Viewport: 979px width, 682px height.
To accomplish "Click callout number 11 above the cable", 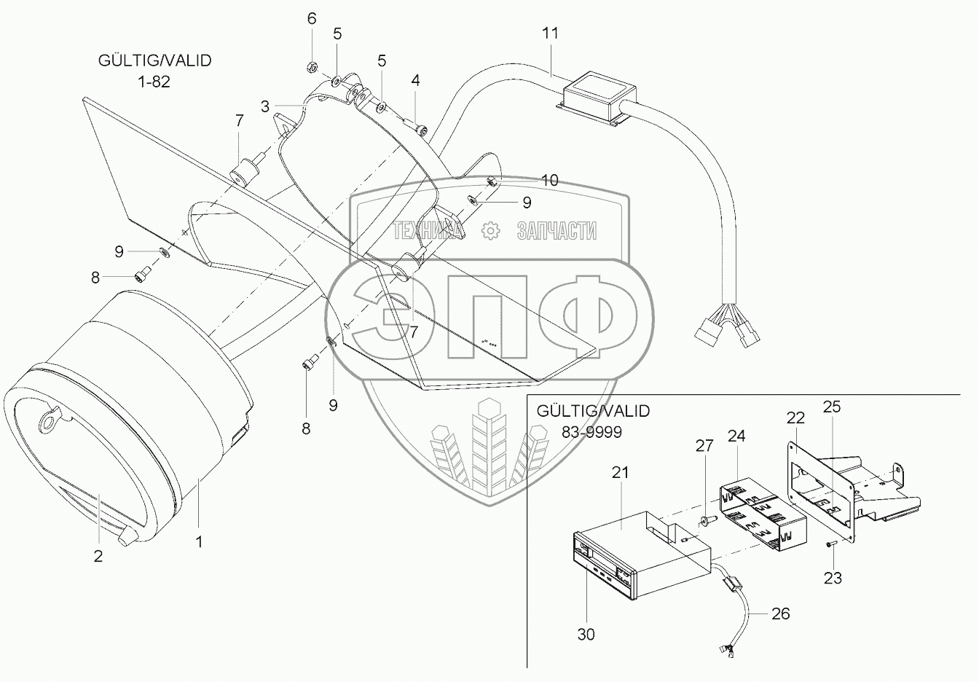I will point(550,33).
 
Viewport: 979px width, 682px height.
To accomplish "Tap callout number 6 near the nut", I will point(312,18).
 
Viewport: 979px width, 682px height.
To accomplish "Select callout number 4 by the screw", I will point(415,80).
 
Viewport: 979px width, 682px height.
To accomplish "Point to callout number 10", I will point(550,179).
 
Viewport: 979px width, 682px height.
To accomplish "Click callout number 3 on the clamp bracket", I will point(266,106).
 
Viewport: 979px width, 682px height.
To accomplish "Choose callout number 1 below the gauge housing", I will point(199,541).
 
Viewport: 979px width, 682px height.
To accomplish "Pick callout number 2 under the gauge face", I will point(98,556).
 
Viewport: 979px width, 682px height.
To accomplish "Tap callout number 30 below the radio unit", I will point(586,634).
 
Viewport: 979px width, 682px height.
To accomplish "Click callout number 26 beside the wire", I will point(780,614).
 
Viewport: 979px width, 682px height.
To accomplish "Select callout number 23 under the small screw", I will point(833,578).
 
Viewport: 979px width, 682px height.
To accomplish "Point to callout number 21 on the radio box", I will point(620,472).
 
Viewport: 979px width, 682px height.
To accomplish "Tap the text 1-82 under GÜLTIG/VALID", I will point(154,82).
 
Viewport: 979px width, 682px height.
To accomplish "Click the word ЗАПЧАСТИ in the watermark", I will point(557,232).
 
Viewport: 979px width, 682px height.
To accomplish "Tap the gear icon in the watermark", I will point(491,231).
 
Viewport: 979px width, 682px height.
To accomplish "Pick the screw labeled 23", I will point(830,544).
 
